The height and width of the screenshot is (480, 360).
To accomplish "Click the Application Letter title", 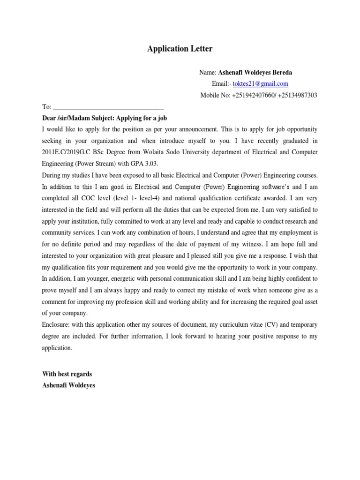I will [180, 49].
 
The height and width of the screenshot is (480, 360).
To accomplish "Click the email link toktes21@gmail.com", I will [261, 84].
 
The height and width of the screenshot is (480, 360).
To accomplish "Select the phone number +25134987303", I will [298, 95].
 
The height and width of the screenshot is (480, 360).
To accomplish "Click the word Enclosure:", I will [58, 324].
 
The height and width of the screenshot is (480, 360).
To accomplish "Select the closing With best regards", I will [67, 374].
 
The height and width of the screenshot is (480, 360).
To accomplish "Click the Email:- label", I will [222, 84].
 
